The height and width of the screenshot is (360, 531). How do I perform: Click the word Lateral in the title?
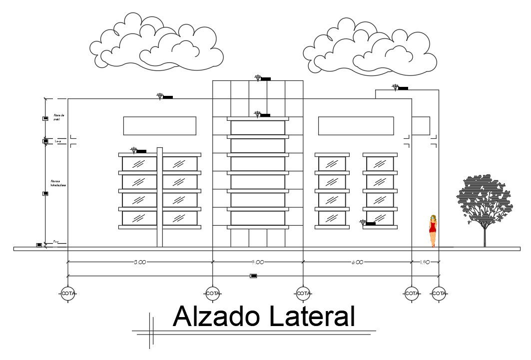pos(311,317)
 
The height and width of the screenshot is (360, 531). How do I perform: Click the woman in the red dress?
pos(433,230)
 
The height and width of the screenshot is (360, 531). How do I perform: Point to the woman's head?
pos(433,218)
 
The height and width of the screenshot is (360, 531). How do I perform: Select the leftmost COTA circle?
pos(68,293)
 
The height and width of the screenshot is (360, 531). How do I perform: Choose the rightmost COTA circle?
pos(439,293)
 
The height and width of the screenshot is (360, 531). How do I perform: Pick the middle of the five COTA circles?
pos(303,293)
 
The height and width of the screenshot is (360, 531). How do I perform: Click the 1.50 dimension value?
pos(425,262)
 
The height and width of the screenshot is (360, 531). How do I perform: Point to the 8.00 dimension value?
pos(358,262)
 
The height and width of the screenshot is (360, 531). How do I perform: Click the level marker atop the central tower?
pos(262,78)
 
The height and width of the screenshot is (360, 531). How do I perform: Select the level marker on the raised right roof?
pos(400,88)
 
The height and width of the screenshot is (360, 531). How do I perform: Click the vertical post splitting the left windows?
pos(160,197)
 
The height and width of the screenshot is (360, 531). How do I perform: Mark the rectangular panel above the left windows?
pos(159,126)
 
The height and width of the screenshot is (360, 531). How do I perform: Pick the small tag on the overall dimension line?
pos(253,276)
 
